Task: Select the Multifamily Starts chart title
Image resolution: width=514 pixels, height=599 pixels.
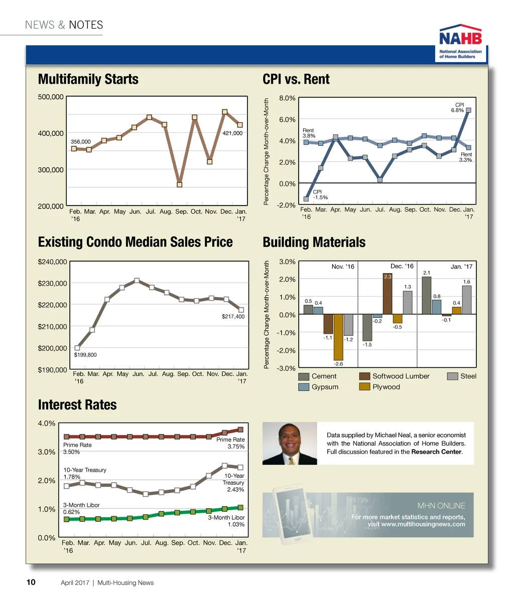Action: coord(88,79)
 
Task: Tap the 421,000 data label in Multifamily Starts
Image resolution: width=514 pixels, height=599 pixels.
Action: coord(232,133)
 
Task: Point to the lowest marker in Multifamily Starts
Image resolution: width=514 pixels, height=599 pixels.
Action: coord(179,184)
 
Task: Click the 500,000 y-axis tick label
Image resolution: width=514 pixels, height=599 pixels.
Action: coord(51,97)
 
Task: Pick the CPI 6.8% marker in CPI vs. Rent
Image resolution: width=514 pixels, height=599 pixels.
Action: coord(468,110)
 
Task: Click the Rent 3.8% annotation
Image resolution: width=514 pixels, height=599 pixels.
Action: coord(309,133)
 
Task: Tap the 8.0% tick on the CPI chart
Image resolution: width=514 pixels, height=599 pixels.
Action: coord(287,98)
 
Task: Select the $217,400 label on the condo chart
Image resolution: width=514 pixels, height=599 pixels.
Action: coord(233,316)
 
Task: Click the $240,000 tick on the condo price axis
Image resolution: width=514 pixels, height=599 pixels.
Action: coord(52,262)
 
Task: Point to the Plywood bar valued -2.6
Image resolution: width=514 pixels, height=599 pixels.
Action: coord(338,337)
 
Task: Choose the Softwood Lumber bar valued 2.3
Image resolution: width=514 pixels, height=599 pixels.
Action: coord(387,294)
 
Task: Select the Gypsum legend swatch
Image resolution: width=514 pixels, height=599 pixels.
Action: coord(304,387)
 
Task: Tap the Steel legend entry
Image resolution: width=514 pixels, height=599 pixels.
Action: coord(462,376)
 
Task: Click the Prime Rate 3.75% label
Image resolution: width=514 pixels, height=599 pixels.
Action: coord(230,443)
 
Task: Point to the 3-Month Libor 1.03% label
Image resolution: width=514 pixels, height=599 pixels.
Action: coord(226,521)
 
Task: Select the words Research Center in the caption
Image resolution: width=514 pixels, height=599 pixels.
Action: coord(436,452)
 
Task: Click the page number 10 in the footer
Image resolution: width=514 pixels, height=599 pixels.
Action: coord(31,582)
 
